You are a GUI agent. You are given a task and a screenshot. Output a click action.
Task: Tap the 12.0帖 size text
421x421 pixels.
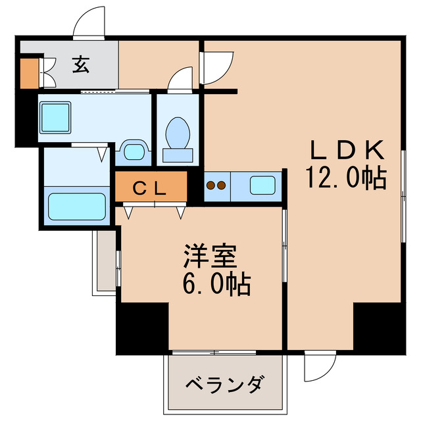345,178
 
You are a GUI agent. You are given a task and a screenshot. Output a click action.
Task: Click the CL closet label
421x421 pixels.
151,188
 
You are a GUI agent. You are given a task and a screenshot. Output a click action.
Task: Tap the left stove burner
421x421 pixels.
211,186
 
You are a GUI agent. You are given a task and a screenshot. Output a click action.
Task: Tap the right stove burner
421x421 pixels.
222,186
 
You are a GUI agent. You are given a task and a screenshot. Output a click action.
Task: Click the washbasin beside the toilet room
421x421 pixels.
134,151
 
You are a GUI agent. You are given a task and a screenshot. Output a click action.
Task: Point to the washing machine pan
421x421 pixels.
55,118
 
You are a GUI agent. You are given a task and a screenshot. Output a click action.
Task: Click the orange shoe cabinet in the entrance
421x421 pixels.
29,74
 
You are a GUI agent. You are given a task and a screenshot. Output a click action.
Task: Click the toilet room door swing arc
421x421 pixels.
180,80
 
